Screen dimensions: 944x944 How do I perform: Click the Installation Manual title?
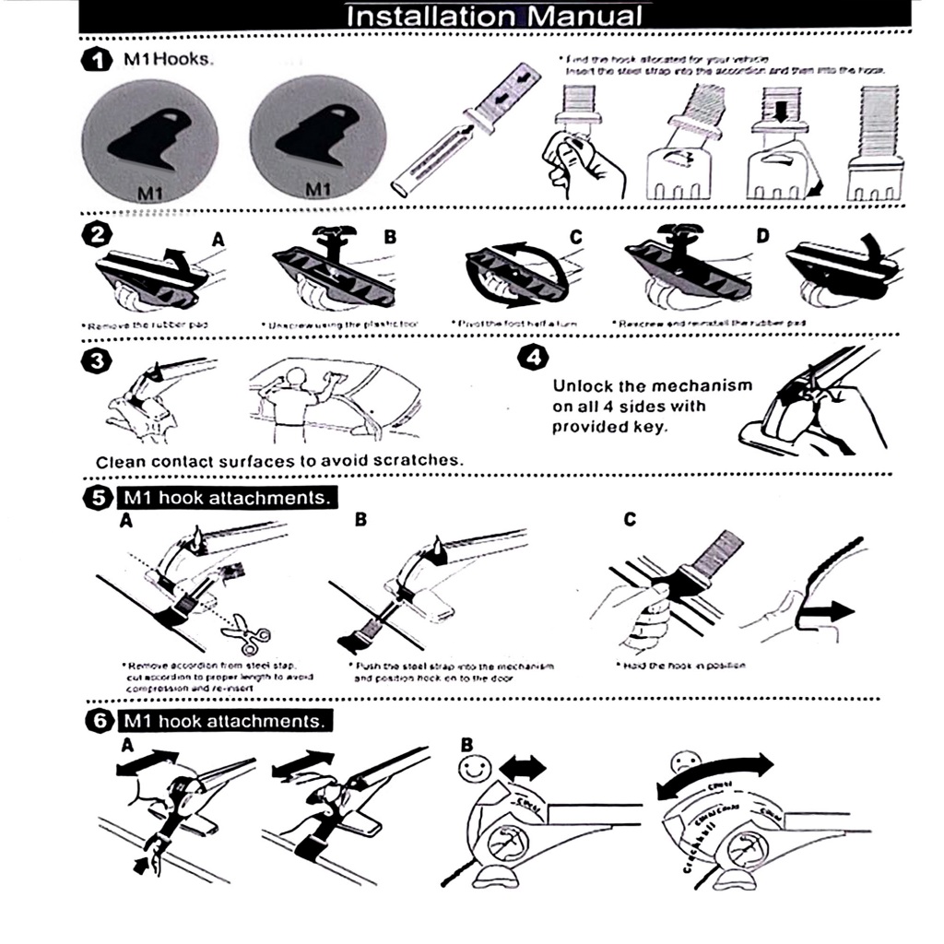pos(494,16)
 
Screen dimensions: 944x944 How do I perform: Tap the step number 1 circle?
pos(96,61)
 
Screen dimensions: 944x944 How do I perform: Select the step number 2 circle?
pos(94,235)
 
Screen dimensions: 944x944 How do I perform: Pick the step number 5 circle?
pos(98,498)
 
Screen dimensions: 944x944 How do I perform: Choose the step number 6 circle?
pos(98,720)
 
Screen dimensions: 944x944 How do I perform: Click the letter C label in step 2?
pos(576,238)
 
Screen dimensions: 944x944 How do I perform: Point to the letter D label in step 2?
pos(762,237)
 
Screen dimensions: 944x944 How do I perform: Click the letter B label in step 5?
pos(360,521)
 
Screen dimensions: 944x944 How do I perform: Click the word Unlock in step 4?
pos(585,385)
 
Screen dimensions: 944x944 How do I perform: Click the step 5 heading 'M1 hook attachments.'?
pos(227,498)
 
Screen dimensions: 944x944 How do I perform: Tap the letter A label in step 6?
pos(127,742)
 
